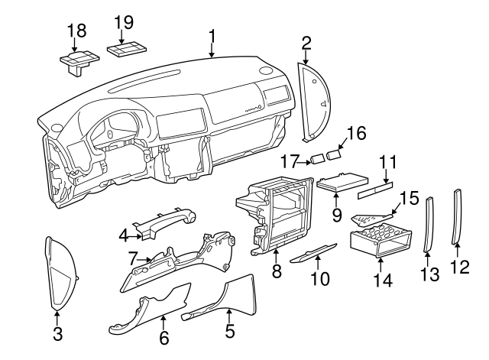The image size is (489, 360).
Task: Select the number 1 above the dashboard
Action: point(212,34)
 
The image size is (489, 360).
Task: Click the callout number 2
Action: point(306,42)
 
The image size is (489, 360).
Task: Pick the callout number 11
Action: point(389,162)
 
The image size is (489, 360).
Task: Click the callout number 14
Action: point(383,281)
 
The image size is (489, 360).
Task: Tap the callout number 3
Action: point(57,332)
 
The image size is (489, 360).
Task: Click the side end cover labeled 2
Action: point(316,102)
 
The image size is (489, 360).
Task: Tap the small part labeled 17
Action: point(316,160)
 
